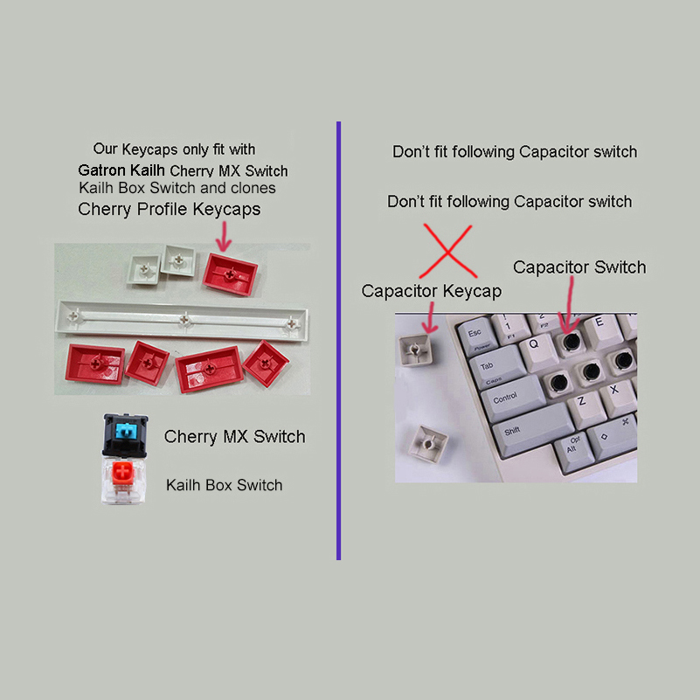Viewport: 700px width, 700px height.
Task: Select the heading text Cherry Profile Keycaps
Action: pos(169,210)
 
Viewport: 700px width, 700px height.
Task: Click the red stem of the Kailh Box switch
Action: pos(126,476)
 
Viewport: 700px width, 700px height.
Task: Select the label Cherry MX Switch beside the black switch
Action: pos(234,437)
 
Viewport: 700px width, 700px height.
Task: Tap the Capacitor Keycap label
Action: pos(431,291)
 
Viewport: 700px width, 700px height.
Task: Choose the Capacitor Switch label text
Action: pos(579,267)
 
